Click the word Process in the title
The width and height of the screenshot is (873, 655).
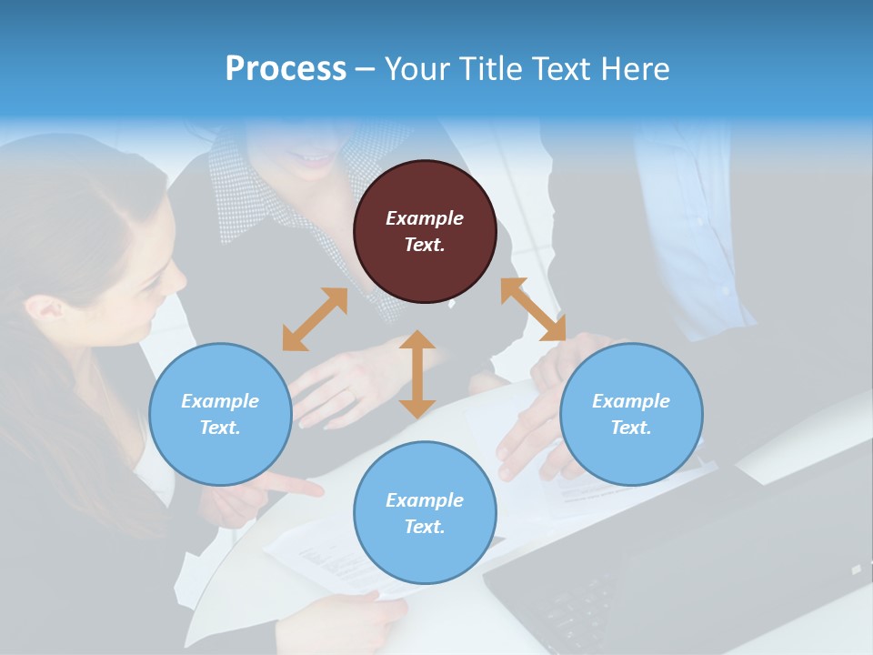286,69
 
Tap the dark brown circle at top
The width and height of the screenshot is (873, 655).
425,231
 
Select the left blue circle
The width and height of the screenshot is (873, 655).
220,414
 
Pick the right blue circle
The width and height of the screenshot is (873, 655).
631,414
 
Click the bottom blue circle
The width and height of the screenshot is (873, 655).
425,512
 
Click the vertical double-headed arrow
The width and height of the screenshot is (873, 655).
417,374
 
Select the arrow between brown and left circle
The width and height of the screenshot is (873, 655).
315,319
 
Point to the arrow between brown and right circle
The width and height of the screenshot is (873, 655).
533,309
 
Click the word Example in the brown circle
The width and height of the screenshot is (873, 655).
425,218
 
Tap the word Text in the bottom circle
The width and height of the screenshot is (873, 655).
423,527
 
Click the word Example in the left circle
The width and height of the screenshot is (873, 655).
220,401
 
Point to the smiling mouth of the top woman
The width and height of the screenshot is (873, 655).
314,161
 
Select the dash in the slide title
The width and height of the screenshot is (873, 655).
365,70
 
